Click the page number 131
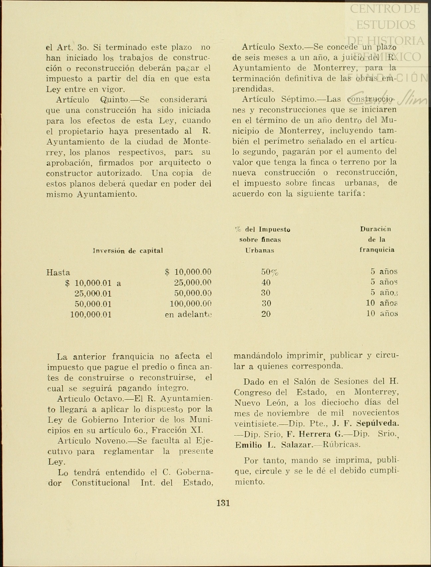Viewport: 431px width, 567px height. pos(223,503)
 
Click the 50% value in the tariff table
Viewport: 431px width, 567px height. pos(269,272)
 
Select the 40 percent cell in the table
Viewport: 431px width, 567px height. pos(266,283)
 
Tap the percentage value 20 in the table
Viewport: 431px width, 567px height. pos(266,314)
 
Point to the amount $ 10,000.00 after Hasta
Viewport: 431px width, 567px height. pos(188,272)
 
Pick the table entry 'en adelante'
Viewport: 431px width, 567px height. pos(188,314)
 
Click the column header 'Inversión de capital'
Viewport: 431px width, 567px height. pos(128,251)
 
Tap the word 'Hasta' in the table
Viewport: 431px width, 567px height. pos(58,273)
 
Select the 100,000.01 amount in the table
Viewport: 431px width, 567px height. pos(91,314)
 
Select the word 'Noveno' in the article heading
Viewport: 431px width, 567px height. pos(112,441)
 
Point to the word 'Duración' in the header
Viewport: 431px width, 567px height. pos(375,229)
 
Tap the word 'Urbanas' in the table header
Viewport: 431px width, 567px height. pos(260,251)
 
